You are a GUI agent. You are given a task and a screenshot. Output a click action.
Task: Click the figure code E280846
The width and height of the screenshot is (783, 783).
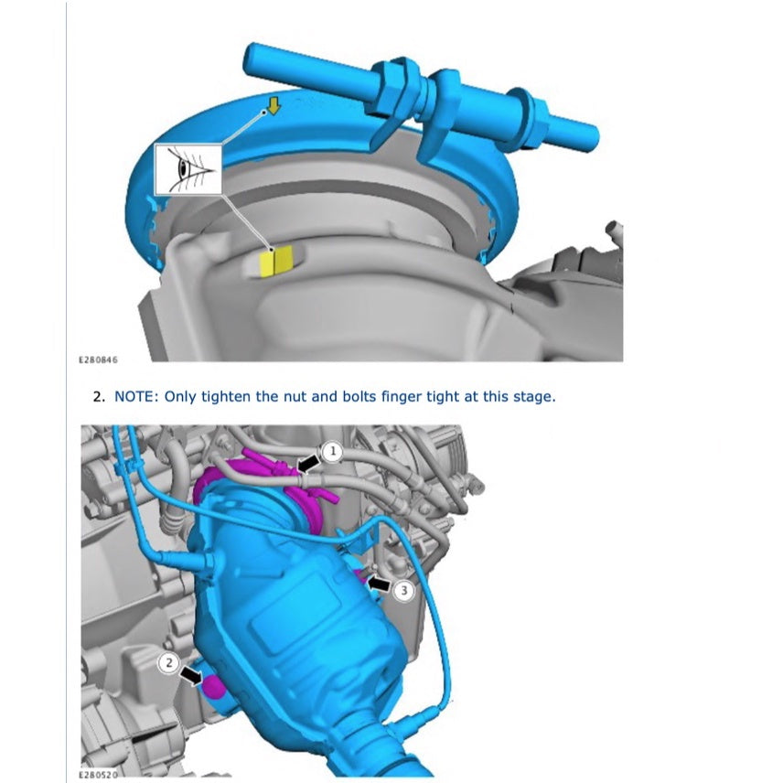[x=99, y=360]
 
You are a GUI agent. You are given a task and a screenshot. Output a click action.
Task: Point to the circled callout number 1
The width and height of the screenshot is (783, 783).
[x=334, y=451]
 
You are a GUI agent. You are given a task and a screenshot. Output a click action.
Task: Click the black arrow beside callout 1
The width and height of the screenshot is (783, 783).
[x=310, y=465]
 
